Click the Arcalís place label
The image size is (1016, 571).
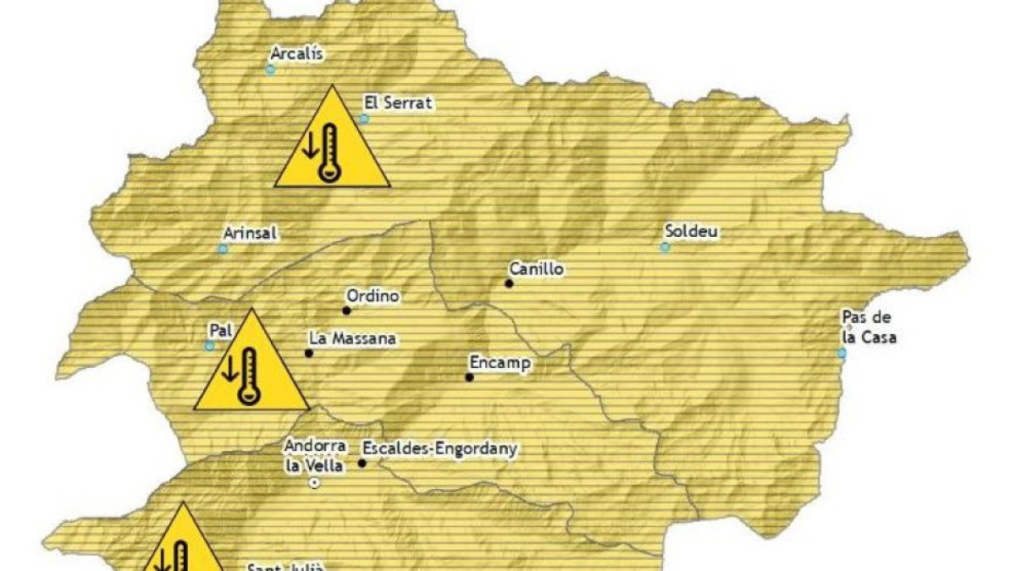pos(296,53)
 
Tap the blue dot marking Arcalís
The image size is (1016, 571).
pos(270,69)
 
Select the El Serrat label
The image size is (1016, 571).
pos(398,103)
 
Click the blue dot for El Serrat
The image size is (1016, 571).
pos(364,119)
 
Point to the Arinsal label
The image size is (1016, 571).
pos(251,233)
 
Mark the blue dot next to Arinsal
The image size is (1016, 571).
pos(223,249)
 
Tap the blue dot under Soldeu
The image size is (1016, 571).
pos(665,247)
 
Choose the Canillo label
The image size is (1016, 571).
pos(536,269)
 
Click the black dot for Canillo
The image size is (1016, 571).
pos(509,283)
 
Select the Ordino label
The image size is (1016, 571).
pos(373,296)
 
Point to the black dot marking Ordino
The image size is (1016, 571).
pos(346,310)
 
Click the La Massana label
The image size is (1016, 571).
pos(352,338)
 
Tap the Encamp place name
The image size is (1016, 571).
pos(500,363)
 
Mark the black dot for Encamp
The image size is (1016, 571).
pos(469,377)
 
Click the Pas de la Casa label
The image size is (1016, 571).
pos(868,327)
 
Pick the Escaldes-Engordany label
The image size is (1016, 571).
pos(439,448)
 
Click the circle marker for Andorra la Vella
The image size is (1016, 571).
pos(314,483)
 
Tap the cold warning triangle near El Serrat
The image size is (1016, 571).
pos(332,140)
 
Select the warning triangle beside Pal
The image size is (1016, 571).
pos(251,365)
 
